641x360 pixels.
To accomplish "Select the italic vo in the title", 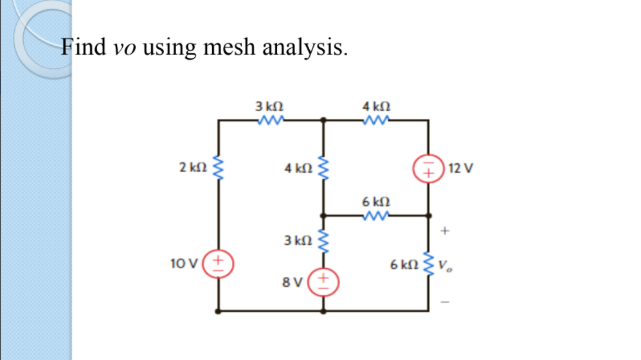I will click(125, 48).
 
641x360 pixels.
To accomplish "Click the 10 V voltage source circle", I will click(219, 264).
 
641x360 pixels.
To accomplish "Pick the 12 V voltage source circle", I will click(429, 169).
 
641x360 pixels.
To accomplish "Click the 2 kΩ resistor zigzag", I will click(219, 168).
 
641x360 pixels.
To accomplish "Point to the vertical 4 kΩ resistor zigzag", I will click(323, 168).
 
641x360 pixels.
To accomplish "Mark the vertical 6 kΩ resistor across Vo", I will click(429, 264).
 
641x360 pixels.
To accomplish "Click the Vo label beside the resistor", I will click(446, 264).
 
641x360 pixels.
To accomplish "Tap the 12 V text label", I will click(460, 169).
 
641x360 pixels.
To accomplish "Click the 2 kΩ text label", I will click(192, 168).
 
